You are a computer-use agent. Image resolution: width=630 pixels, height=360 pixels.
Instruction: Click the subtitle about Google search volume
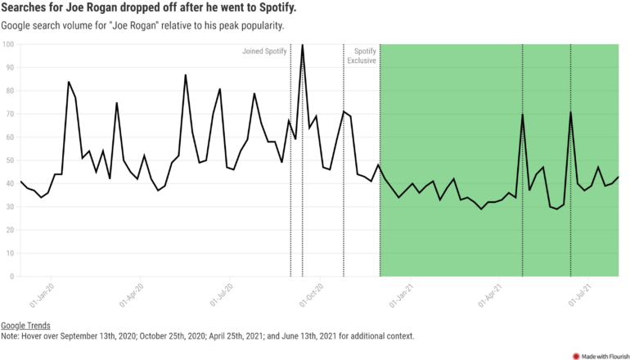click(x=143, y=25)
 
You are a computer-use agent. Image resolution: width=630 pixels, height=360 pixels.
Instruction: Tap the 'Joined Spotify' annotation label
click(x=264, y=52)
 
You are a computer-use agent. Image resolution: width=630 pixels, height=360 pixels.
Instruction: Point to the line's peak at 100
click(x=303, y=44)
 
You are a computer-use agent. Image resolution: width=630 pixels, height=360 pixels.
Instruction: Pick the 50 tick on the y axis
click(x=9, y=160)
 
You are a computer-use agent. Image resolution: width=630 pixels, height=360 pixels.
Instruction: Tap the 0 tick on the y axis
click(x=11, y=277)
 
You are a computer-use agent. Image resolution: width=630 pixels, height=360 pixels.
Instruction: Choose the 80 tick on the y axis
click(x=9, y=91)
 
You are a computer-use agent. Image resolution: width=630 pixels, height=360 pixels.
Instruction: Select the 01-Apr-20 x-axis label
click(x=132, y=295)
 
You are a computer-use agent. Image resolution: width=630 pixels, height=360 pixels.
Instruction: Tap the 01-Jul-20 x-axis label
click(x=222, y=295)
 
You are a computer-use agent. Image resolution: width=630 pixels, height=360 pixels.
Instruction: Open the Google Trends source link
click(x=26, y=325)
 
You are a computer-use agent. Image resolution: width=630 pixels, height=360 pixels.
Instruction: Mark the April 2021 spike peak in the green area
click(x=522, y=115)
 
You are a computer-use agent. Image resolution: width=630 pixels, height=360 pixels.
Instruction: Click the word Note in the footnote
click(x=11, y=335)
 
